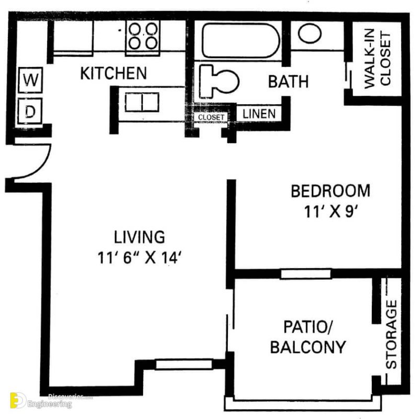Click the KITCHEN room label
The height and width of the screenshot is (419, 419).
[x=113, y=73]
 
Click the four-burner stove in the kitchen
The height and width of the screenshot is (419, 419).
[x=142, y=36]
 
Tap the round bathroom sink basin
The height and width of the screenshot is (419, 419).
[x=310, y=34]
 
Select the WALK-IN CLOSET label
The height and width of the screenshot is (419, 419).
[x=377, y=59]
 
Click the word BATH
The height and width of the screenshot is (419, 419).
[x=288, y=82]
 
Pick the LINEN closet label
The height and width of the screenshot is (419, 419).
[x=259, y=113]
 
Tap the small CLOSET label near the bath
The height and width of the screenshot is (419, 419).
[x=211, y=117]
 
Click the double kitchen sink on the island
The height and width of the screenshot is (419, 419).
[x=141, y=102]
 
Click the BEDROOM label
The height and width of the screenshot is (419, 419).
[x=330, y=191]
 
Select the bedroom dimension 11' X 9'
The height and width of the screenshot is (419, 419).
[x=330, y=212]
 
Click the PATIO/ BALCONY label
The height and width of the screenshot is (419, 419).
[x=308, y=337]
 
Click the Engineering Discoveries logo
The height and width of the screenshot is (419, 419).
[x=42, y=400]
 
